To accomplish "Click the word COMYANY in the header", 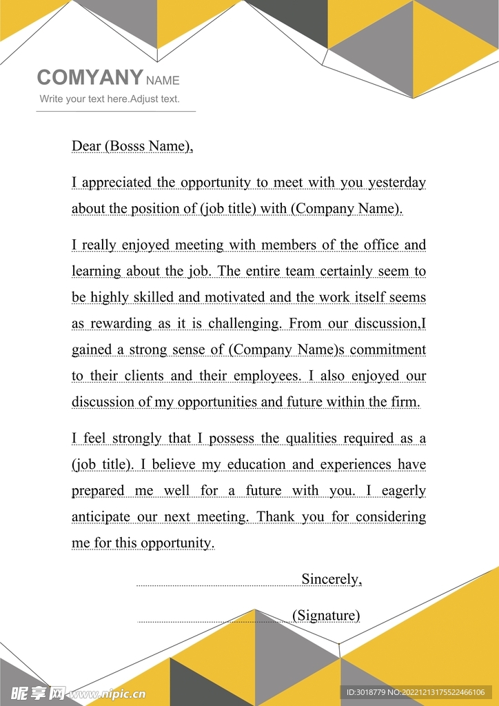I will [x=90, y=78].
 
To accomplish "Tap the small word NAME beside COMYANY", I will [x=163, y=81].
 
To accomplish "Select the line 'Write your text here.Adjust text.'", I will [x=110, y=99].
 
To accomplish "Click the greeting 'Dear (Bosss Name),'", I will [x=132, y=145].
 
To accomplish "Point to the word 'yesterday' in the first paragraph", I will [x=397, y=183].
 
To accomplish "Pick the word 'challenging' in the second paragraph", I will [x=245, y=323].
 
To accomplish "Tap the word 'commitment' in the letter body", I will [x=388, y=350].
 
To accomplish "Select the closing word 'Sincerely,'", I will [x=332, y=579].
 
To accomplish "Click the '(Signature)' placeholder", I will [x=326, y=615].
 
